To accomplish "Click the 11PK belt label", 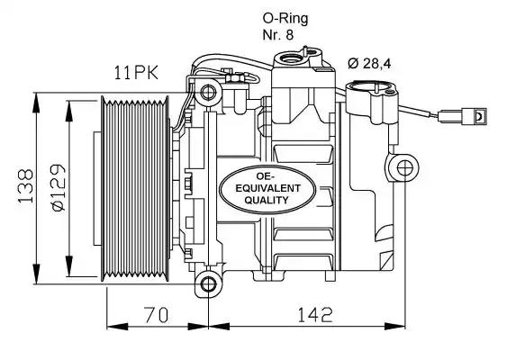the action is (136, 73).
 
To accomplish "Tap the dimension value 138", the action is (26, 185).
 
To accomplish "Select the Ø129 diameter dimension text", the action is (59, 187).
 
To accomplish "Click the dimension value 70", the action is (157, 315).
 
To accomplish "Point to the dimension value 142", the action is (314, 315).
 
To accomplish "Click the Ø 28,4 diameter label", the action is (369, 63).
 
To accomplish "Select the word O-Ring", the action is (285, 19).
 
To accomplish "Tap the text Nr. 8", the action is (278, 35).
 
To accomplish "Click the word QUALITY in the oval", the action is (267, 201).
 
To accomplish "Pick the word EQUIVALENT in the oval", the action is (268, 188).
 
